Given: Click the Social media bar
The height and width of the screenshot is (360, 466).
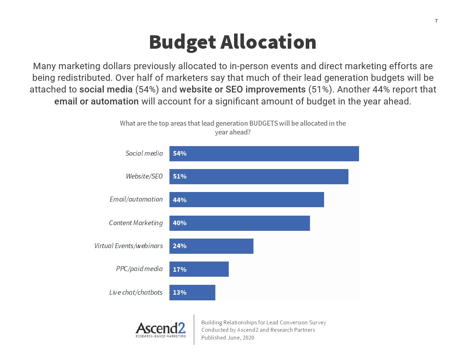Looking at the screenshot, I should click(x=264, y=154).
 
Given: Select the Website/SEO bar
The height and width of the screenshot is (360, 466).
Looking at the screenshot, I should click(x=259, y=176).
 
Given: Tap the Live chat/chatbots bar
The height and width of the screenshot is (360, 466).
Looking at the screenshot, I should click(x=192, y=292).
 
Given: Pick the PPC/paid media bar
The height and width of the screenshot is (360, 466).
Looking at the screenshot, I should click(x=199, y=269).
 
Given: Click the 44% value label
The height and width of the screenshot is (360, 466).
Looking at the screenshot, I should click(x=180, y=200).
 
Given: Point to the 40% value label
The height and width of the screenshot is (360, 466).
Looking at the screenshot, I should click(x=180, y=223).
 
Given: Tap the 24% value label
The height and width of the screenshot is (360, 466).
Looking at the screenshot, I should click(x=180, y=246).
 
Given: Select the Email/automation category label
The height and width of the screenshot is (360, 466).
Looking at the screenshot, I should click(x=136, y=199).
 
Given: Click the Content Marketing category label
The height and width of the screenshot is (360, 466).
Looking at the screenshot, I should click(x=136, y=223).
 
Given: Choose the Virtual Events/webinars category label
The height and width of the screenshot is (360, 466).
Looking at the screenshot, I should click(x=128, y=246).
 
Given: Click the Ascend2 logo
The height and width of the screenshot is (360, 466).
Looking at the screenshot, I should click(x=161, y=330).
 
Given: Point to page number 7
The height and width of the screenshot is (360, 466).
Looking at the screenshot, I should click(x=436, y=21).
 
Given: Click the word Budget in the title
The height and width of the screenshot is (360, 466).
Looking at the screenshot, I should click(x=182, y=42).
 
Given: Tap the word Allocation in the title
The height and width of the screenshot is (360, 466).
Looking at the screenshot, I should click(x=268, y=42).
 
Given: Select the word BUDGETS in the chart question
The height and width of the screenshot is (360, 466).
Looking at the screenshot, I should click(x=263, y=123).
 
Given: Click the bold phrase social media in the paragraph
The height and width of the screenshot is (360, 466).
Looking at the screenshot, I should click(x=106, y=90).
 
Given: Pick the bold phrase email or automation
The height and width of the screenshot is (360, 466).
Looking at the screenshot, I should click(x=96, y=102).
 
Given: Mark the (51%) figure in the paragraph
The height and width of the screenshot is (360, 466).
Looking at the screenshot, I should click(x=321, y=90).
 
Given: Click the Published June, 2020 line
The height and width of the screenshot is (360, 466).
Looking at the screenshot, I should click(x=228, y=338).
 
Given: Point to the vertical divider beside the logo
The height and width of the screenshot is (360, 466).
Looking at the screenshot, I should click(x=194, y=330).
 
